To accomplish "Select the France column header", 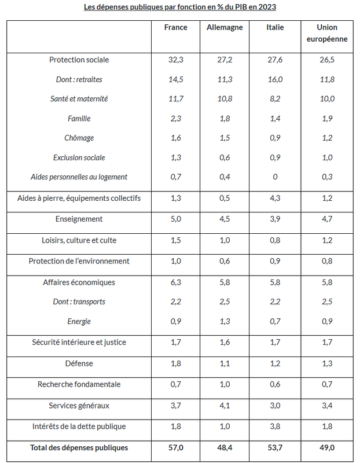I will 175,27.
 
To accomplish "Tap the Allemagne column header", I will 225,27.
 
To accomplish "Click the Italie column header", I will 275,27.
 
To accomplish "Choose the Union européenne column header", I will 328,33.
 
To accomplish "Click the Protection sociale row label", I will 79,60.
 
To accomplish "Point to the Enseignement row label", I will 79,219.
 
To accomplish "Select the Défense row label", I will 79,363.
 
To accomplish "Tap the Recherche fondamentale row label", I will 79,384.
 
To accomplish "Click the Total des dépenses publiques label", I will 79,447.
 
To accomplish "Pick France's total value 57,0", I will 175,448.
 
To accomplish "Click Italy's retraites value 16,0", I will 275,79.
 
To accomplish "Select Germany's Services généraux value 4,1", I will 225,406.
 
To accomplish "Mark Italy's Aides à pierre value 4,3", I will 275,199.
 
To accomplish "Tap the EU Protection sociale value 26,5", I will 328,60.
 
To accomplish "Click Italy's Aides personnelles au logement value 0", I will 275,177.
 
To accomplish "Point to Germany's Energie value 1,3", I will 225,321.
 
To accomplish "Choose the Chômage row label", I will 79,138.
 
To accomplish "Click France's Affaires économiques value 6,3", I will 175,282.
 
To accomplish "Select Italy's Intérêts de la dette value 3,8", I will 275,427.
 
